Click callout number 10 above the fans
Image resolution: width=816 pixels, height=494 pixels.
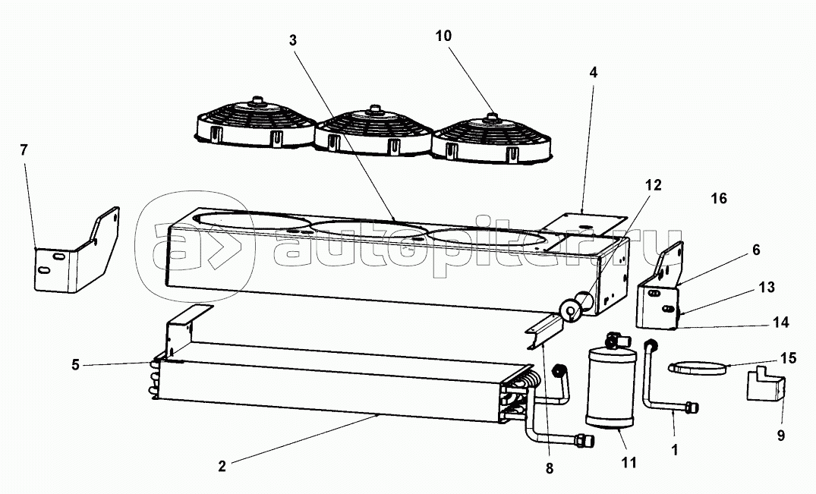[444, 36]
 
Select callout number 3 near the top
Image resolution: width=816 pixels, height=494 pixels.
[294, 39]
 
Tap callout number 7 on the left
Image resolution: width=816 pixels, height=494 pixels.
[24, 149]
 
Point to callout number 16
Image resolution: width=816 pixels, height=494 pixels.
[719, 199]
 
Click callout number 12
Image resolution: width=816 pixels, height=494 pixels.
[653, 185]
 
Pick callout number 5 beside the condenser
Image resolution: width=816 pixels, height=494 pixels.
[75, 365]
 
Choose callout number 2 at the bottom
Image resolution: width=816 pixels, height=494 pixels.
[222, 467]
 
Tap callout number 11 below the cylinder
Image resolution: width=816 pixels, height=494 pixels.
[629, 462]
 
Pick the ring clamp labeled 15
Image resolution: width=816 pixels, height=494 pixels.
[697, 370]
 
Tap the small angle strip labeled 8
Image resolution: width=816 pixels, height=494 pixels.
[544, 331]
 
